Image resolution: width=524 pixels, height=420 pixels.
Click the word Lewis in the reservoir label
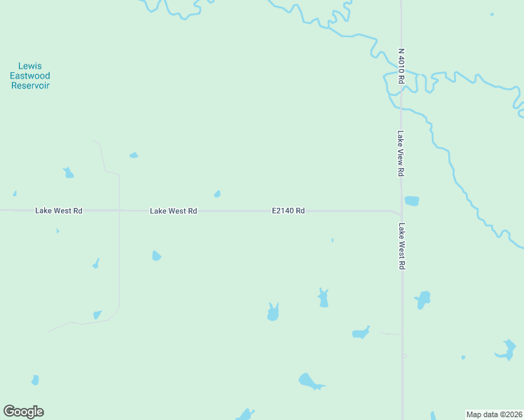tap(30, 66)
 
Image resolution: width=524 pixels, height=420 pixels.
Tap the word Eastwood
tap(30, 76)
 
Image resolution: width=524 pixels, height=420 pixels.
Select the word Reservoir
tap(30, 85)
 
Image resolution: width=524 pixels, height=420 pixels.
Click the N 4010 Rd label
tap(401, 66)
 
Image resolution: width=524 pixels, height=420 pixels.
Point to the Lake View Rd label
tap(401, 153)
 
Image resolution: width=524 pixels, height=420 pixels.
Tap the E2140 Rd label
tap(288, 210)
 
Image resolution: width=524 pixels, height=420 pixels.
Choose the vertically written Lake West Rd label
tap(401, 246)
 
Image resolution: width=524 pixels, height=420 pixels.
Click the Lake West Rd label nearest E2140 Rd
tap(173, 211)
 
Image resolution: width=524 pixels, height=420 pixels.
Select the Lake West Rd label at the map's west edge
tap(59, 211)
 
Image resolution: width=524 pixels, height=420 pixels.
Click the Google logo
tap(23, 412)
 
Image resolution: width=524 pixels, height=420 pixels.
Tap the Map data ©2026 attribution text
tap(494, 414)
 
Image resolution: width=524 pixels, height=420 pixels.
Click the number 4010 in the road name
tap(401, 64)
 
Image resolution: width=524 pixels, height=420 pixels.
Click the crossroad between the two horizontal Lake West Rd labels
tap(119, 210)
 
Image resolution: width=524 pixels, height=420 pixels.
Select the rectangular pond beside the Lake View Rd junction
tap(412, 201)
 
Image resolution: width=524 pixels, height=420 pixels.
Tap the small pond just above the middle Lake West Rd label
tap(217, 194)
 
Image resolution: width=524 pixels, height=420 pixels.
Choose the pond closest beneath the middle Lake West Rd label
tap(156, 255)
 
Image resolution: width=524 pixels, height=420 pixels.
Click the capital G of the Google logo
tap(9, 412)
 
